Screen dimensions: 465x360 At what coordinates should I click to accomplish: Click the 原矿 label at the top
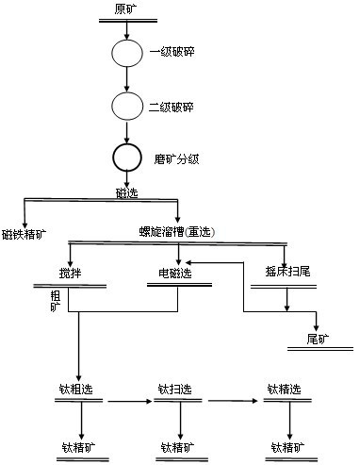[x=125, y=9]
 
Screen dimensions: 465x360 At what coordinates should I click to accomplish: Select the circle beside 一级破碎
[x=125, y=53]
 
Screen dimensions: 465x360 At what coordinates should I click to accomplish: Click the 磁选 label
[x=124, y=191]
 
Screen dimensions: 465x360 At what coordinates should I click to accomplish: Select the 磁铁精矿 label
[x=25, y=231]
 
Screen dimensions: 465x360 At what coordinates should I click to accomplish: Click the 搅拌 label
[x=71, y=274]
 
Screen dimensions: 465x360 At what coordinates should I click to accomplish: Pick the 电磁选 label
[x=174, y=274]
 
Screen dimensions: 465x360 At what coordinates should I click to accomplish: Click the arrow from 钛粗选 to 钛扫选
[x=128, y=402]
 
